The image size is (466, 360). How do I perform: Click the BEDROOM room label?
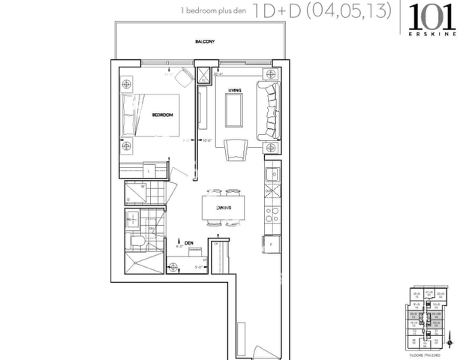point(162,115)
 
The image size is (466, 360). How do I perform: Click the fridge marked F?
point(269,244)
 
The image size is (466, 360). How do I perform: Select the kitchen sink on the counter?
point(272,175)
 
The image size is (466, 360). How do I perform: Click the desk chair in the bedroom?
point(184,76)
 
